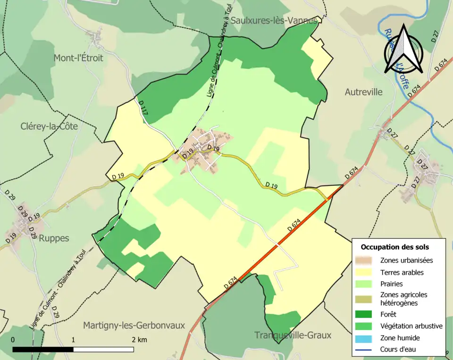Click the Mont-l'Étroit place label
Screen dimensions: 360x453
tap(78, 58)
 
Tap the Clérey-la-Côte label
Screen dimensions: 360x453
tap(49, 126)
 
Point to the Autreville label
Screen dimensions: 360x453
tap(363, 92)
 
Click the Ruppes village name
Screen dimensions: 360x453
tap(54, 238)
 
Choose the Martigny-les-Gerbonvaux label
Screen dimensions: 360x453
tap(134, 325)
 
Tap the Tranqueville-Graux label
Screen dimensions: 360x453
tap(293, 335)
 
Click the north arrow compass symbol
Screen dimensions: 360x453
tap(403, 49)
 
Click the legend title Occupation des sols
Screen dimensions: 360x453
tap(394, 247)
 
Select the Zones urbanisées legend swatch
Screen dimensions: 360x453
tap(367, 260)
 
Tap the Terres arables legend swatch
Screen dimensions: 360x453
tap(367, 272)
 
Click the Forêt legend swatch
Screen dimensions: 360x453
tap(367, 314)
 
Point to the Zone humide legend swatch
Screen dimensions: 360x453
tap(367, 338)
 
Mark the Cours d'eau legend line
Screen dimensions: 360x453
tap(367, 350)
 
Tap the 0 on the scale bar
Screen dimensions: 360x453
tap(13, 340)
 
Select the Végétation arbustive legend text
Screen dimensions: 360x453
tap(411, 326)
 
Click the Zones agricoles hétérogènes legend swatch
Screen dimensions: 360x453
tap(367, 299)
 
